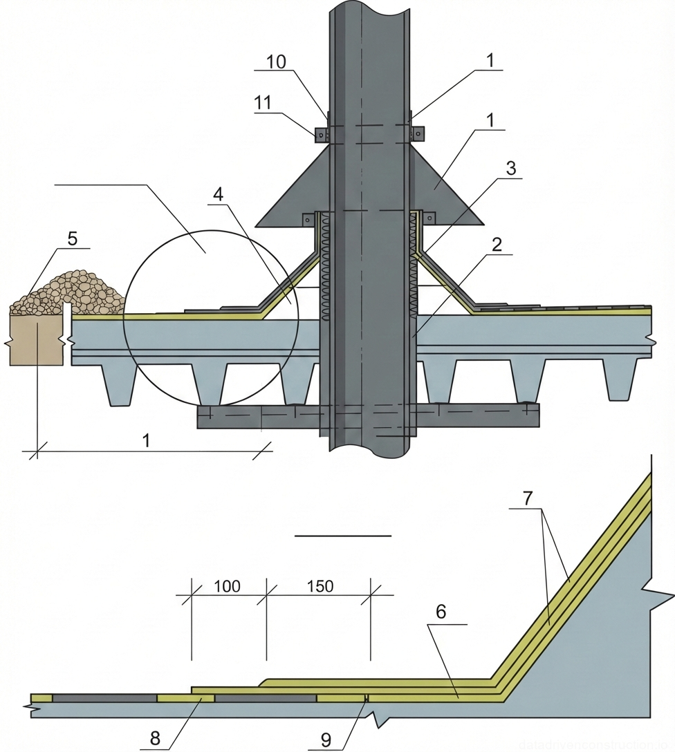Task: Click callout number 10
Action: tap(276, 61)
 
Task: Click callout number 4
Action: tap(219, 194)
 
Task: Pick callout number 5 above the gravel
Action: tap(73, 238)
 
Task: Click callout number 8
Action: tap(155, 739)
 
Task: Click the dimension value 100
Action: tap(228, 587)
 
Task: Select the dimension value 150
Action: tap(320, 587)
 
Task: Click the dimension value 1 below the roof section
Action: tap(145, 440)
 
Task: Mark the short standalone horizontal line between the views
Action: tap(342, 536)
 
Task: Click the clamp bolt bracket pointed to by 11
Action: tap(322, 135)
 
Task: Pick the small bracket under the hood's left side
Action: tap(307, 219)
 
